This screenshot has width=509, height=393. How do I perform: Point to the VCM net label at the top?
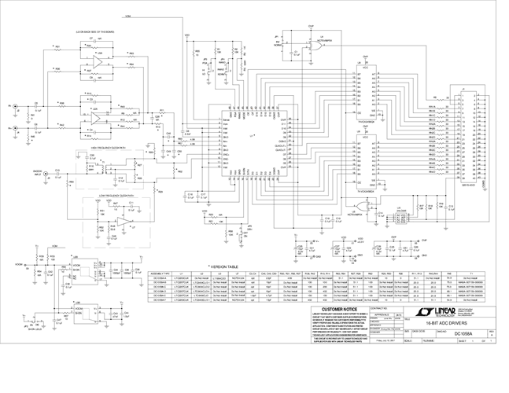pos(127,16)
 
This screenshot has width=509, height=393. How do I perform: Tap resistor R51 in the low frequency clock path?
pos(102,212)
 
